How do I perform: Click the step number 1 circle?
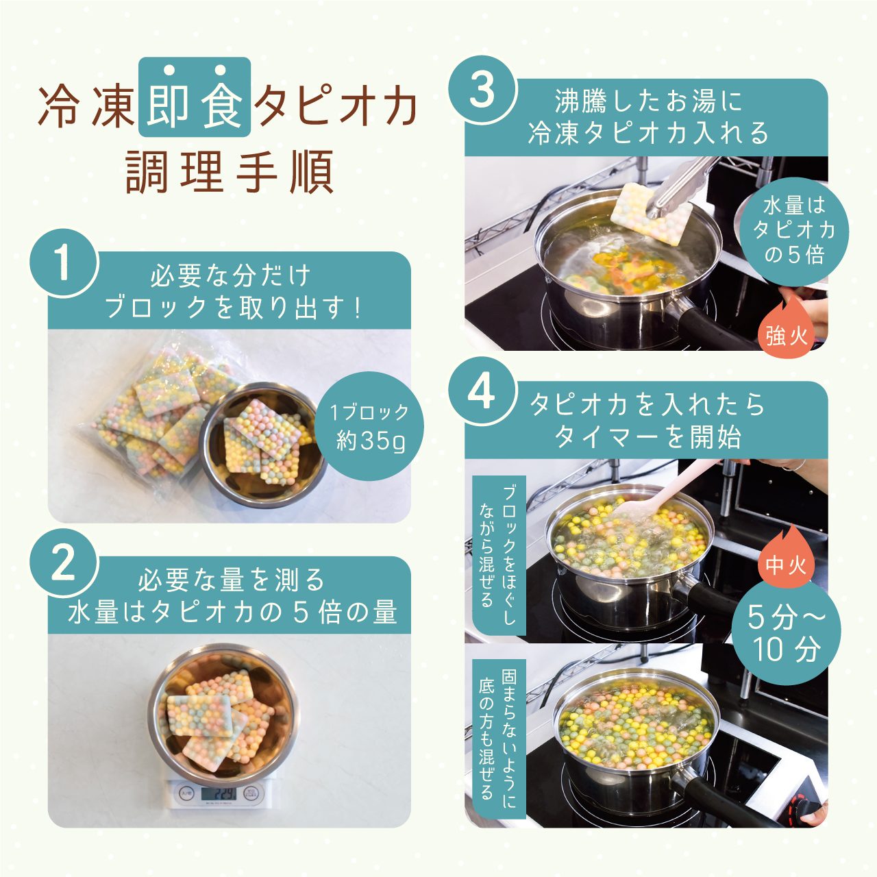63,263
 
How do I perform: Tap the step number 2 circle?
63,563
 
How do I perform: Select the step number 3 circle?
482,90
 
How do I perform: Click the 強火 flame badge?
787,332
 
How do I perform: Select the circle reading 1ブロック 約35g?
369,426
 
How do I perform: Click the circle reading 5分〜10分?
786,632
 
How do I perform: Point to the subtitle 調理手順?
230,173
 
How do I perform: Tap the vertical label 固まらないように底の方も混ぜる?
498,739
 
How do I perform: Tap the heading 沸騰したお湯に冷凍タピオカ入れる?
647,117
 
